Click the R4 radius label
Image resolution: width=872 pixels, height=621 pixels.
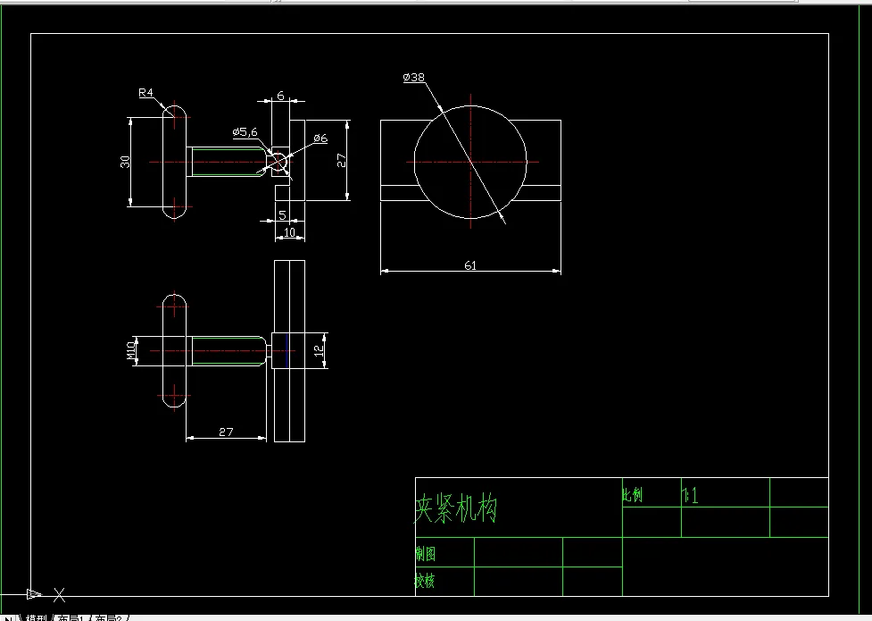click(146, 92)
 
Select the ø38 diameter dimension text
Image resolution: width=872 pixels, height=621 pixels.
click(413, 78)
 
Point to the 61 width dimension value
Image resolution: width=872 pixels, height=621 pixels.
click(469, 264)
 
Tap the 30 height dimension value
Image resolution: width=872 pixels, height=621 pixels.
click(126, 162)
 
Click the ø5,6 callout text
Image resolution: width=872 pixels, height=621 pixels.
click(245, 132)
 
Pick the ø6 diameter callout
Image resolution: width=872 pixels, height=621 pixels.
click(320, 138)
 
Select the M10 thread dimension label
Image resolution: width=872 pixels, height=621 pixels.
click(131, 350)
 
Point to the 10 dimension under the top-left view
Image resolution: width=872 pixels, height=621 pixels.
click(288, 232)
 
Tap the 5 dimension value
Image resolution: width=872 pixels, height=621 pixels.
click(282, 214)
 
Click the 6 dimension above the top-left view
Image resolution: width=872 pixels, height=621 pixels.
click(280, 96)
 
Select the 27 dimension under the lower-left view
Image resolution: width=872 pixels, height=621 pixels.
click(226, 432)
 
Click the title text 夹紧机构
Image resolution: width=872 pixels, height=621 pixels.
click(455, 509)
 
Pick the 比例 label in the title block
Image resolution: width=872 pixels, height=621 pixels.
click(633, 495)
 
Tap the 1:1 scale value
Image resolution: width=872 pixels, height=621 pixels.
click(690, 495)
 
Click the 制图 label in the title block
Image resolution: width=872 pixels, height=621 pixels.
click(426, 554)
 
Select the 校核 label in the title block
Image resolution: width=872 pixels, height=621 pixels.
click(426, 581)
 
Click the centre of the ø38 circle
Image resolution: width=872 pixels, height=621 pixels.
click(470, 162)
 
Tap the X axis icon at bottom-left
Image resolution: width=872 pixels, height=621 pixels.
click(59, 594)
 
